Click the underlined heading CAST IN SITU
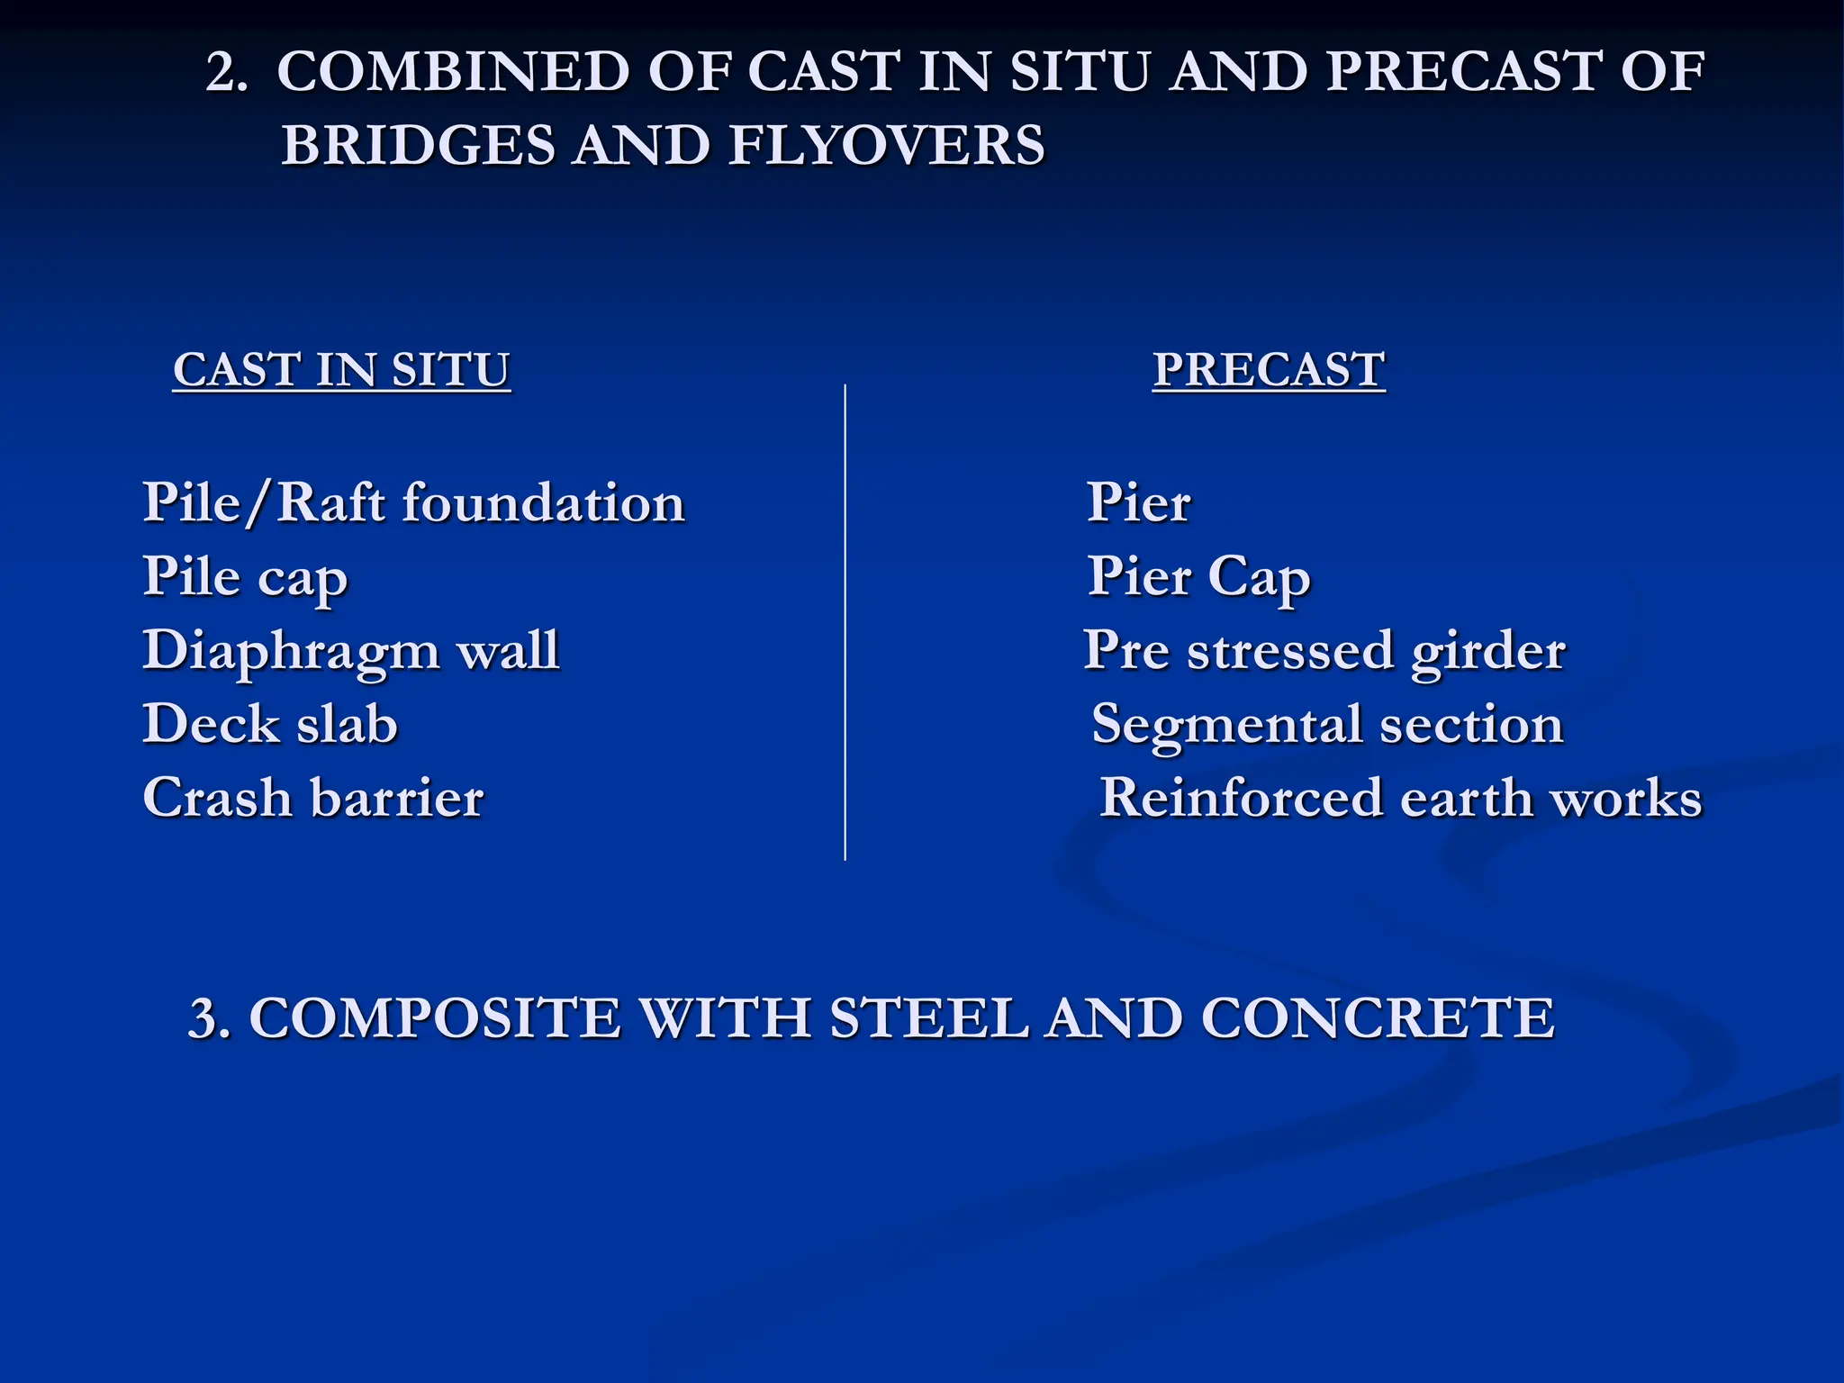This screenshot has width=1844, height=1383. pyautogui.click(x=341, y=370)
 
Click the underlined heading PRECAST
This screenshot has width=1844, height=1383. pyautogui.click(x=1269, y=370)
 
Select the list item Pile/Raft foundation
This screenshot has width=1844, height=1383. pyautogui.click(x=413, y=502)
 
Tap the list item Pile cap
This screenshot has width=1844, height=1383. pyautogui.click(x=245, y=576)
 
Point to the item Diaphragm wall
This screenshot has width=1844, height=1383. pyautogui.click(x=351, y=650)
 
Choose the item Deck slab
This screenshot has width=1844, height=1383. pyautogui.click(x=270, y=724)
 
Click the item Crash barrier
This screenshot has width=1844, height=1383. pyautogui.click(x=313, y=798)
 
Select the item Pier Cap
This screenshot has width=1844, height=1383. pyautogui.click(x=1198, y=576)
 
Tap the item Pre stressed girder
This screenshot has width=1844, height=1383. pyautogui.click(x=1324, y=650)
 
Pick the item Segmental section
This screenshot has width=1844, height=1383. pyautogui.click(x=1327, y=724)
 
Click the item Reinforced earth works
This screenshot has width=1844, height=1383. pyautogui.click(x=1401, y=798)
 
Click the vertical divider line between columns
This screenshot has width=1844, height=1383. pyautogui.click(x=845, y=621)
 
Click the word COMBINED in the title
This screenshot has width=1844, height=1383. pyautogui.click(x=453, y=71)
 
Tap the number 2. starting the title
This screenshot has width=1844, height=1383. pyautogui.click(x=226, y=73)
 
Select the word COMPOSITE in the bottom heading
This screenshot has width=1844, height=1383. pyautogui.click(x=435, y=1018)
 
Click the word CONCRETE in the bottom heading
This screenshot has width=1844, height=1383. pyautogui.click(x=1378, y=1018)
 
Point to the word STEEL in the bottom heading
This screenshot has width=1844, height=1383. pyautogui.click(x=928, y=1018)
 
